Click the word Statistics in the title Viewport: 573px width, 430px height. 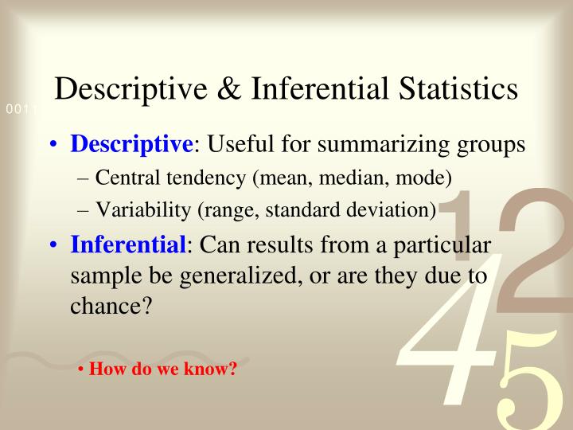[x=450, y=89]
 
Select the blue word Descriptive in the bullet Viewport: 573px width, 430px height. [x=131, y=145]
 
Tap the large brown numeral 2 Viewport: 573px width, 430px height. [x=533, y=247]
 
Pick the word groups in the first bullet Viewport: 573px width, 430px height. [x=495, y=146]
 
